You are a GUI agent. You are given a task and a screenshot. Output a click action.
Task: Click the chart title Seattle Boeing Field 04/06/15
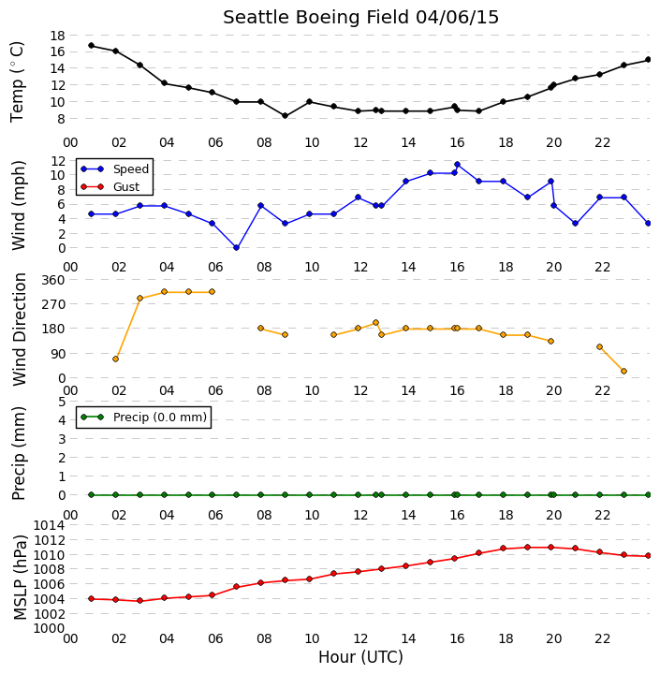pyautogui.click(x=360, y=18)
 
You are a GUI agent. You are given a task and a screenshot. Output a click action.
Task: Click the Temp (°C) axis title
pyautogui.click(x=17, y=82)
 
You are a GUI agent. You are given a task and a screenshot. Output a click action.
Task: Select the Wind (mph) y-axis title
pyautogui.click(x=19, y=205)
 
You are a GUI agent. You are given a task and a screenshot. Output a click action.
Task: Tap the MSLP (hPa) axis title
pyautogui.click(x=20, y=578)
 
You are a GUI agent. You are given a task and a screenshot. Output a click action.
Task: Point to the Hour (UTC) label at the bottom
pyautogui.click(x=360, y=657)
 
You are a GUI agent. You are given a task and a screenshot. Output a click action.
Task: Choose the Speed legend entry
pyautogui.click(x=115, y=168)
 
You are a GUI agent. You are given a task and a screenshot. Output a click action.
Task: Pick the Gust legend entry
pyautogui.click(x=110, y=187)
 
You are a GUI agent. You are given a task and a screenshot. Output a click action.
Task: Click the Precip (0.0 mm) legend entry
pyautogui.click(x=143, y=417)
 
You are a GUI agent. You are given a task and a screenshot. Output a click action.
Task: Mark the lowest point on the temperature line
pyautogui.click(x=285, y=116)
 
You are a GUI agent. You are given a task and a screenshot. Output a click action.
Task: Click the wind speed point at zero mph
pyautogui.click(x=236, y=247)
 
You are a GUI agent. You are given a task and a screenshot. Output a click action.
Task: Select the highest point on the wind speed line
pyautogui.click(x=457, y=165)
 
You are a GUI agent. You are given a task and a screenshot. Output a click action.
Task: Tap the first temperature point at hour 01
pyautogui.click(x=91, y=45)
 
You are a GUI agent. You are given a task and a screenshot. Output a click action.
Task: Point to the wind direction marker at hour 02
pyautogui.click(x=115, y=359)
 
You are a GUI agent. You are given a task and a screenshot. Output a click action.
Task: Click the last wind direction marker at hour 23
pyautogui.click(x=623, y=371)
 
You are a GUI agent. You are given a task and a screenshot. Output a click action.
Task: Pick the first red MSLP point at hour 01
pyautogui.click(x=91, y=598)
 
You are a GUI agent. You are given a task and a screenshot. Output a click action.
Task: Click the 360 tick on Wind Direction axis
pyautogui.click(x=53, y=280)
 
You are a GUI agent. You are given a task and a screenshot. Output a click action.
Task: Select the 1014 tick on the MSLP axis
pyautogui.click(x=50, y=525)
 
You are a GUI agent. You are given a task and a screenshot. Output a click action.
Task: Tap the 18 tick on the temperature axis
pyautogui.click(x=58, y=36)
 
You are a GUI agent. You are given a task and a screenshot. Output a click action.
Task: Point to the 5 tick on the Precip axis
pyautogui.click(x=62, y=402)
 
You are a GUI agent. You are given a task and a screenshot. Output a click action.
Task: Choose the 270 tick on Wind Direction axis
pyautogui.click(x=53, y=304)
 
